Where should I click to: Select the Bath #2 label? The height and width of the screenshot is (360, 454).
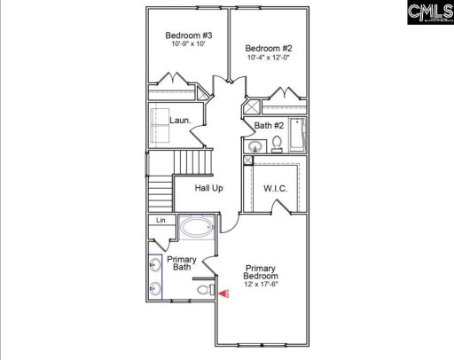coord(269,126)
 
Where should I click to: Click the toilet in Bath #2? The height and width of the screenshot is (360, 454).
coord(277,143)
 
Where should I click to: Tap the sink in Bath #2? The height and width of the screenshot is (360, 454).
coord(255,146)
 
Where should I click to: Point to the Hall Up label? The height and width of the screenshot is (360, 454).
coord(209,188)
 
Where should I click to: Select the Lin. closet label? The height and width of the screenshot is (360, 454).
coord(161,220)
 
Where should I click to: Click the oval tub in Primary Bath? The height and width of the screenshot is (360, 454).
coord(196,228)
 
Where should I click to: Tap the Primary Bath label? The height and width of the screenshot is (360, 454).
coord(182,263)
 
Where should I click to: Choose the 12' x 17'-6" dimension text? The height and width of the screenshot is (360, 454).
coord(262,285)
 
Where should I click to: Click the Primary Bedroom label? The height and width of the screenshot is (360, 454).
coord(262,271)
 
